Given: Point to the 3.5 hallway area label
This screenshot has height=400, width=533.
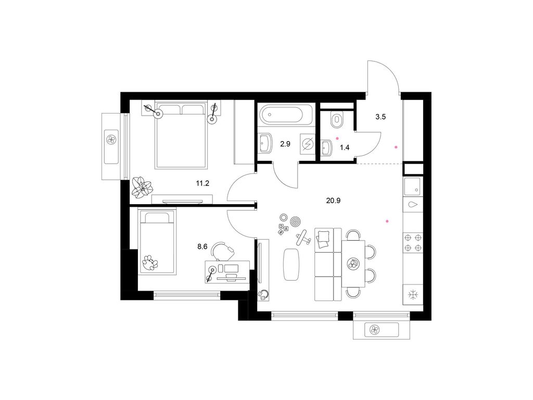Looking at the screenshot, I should [x=380, y=117].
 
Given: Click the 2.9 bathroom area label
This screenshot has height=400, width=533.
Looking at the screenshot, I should [x=285, y=144].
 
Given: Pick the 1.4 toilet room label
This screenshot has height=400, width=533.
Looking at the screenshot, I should [x=344, y=147].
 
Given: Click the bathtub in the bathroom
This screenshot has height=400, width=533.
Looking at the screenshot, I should [x=285, y=115].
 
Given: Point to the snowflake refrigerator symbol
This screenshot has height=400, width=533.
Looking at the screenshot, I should [x=413, y=295].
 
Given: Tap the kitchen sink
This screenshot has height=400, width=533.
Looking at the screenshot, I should [x=413, y=186].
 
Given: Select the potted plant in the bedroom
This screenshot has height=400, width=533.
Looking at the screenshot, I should [x=142, y=186].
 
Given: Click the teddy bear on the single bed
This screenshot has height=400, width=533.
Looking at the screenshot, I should [x=150, y=262].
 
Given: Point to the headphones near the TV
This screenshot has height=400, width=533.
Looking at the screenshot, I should [x=263, y=294].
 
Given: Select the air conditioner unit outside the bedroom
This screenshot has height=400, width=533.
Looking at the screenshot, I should [x=111, y=139].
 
